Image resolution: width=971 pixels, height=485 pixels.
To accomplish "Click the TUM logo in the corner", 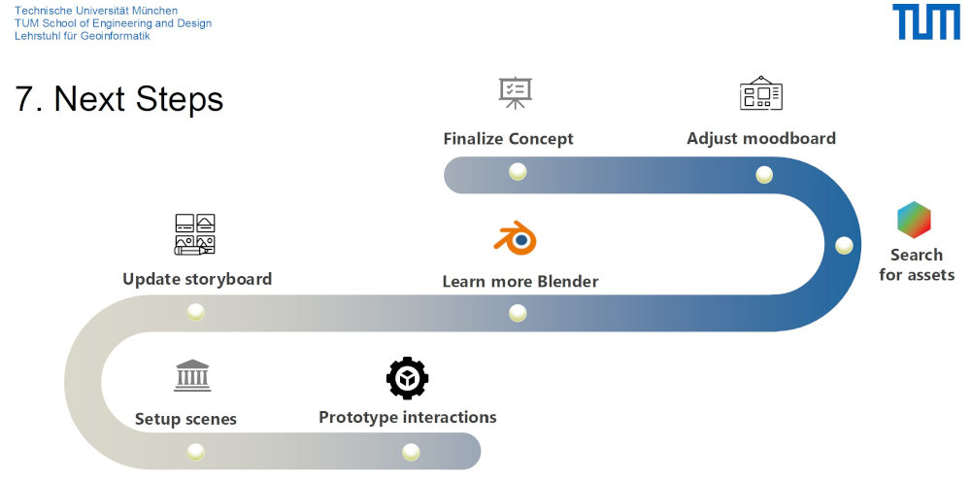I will click(x=925, y=22).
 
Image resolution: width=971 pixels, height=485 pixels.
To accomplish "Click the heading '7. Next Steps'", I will click(x=119, y=98).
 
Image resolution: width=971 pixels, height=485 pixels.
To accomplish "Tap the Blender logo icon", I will click(x=516, y=238).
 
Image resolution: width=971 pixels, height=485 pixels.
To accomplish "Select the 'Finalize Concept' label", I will click(x=508, y=139).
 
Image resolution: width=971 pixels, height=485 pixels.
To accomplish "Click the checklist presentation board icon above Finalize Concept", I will click(x=515, y=93).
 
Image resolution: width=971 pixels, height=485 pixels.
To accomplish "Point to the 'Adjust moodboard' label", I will click(x=760, y=138).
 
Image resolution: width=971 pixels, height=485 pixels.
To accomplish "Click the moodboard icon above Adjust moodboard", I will click(x=760, y=93).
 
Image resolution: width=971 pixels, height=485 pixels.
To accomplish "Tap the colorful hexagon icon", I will click(x=914, y=220).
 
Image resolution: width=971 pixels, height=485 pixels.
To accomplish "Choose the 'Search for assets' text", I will click(x=917, y=264).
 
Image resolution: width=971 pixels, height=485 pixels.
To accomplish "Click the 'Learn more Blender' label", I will click(x=519, y=282).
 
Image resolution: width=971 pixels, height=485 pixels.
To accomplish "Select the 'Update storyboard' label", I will click(x=197, y=279).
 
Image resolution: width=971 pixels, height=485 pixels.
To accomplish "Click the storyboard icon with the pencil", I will click(x=194, y=234).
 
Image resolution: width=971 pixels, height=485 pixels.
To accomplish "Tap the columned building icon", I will click(x=192, y=376).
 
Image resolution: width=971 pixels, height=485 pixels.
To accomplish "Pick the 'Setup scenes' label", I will click(x=185, y=420).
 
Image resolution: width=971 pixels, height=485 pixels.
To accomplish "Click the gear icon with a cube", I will click(x=407, y=378).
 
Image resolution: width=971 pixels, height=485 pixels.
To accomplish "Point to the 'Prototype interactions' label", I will click(x=407, y=417).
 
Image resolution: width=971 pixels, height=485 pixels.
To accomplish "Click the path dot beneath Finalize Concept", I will click(x=518, y=172).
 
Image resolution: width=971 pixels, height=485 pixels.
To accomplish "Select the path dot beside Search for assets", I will click(x=844, y=245).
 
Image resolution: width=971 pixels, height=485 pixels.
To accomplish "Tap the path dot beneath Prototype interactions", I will click(x=411, y=452).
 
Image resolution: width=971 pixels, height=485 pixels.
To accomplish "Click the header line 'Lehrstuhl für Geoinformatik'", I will click(x=82, y=36).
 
